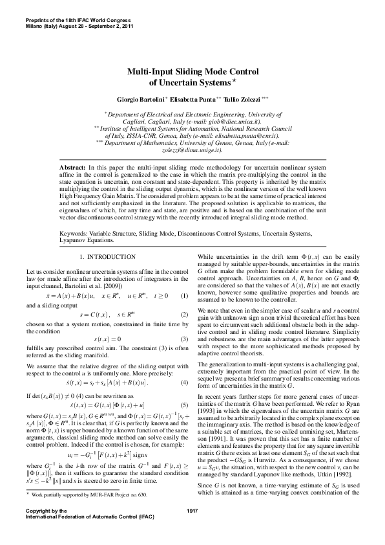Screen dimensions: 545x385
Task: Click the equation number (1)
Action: click(184, 296)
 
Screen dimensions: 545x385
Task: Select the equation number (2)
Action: click(184, 315)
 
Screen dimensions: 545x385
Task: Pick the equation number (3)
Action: click(184, 339)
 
